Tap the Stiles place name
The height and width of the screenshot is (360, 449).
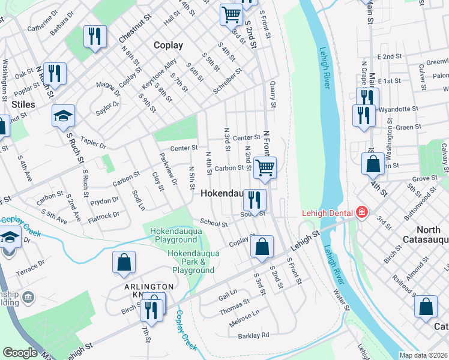click(23, 104)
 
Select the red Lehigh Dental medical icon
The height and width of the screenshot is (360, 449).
click(361, 212)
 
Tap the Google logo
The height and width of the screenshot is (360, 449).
click(20, 353)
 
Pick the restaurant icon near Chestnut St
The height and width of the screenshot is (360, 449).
click(94, 35)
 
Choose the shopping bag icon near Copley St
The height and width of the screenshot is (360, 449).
click(262, 247)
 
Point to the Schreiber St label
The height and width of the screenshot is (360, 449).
click(228, 82)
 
